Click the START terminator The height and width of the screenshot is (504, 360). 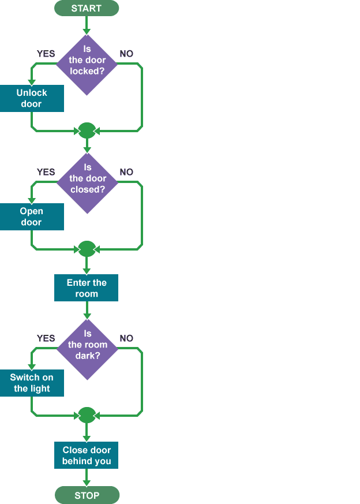[86, 8]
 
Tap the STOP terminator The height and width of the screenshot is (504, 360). [87, 495]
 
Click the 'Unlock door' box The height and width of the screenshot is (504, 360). [32, 98]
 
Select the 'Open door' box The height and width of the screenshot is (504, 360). [32, 216]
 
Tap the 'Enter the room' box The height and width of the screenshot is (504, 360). [86, 288]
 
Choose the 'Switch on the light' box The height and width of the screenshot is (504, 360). [32, 383]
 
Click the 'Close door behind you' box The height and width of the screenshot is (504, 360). [86, 456]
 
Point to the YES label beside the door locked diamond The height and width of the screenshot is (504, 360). [46, 54]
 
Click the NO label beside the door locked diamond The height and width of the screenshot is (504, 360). [126, 54]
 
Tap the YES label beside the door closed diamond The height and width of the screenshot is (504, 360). [46, 172]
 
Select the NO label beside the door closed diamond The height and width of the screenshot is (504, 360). [126, 172]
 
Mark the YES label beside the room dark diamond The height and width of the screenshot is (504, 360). [46, 338]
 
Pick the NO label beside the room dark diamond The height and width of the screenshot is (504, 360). [126, 338]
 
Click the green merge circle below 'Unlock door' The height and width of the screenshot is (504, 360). [87, 130]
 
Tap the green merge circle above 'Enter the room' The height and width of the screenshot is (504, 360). [87, 249]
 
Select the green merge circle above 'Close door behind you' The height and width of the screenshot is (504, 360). [87, 415]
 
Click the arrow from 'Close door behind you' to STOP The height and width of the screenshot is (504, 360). [87, 477]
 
